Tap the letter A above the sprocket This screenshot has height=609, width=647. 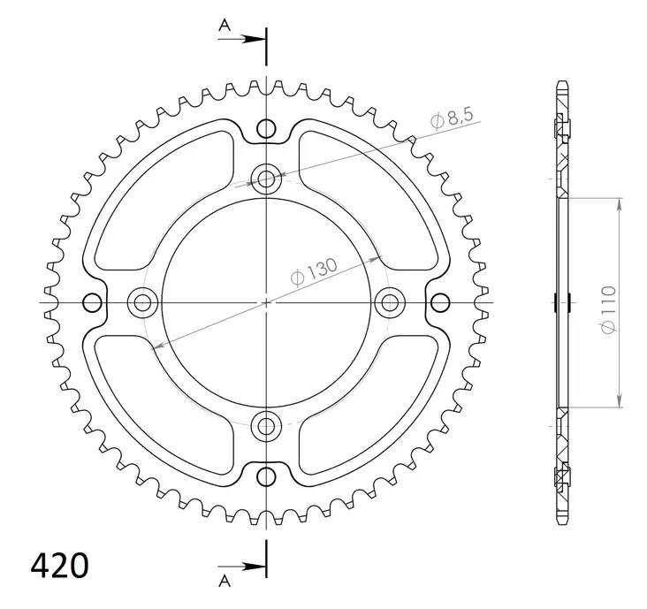225,27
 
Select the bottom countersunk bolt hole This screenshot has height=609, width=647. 266,427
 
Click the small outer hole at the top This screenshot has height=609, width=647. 266,129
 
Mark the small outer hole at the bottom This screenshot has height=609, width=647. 266,477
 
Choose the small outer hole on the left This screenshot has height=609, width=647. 92,303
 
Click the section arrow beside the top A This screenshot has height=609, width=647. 251,39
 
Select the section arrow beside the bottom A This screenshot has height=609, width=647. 251,567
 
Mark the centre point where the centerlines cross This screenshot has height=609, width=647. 266,303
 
